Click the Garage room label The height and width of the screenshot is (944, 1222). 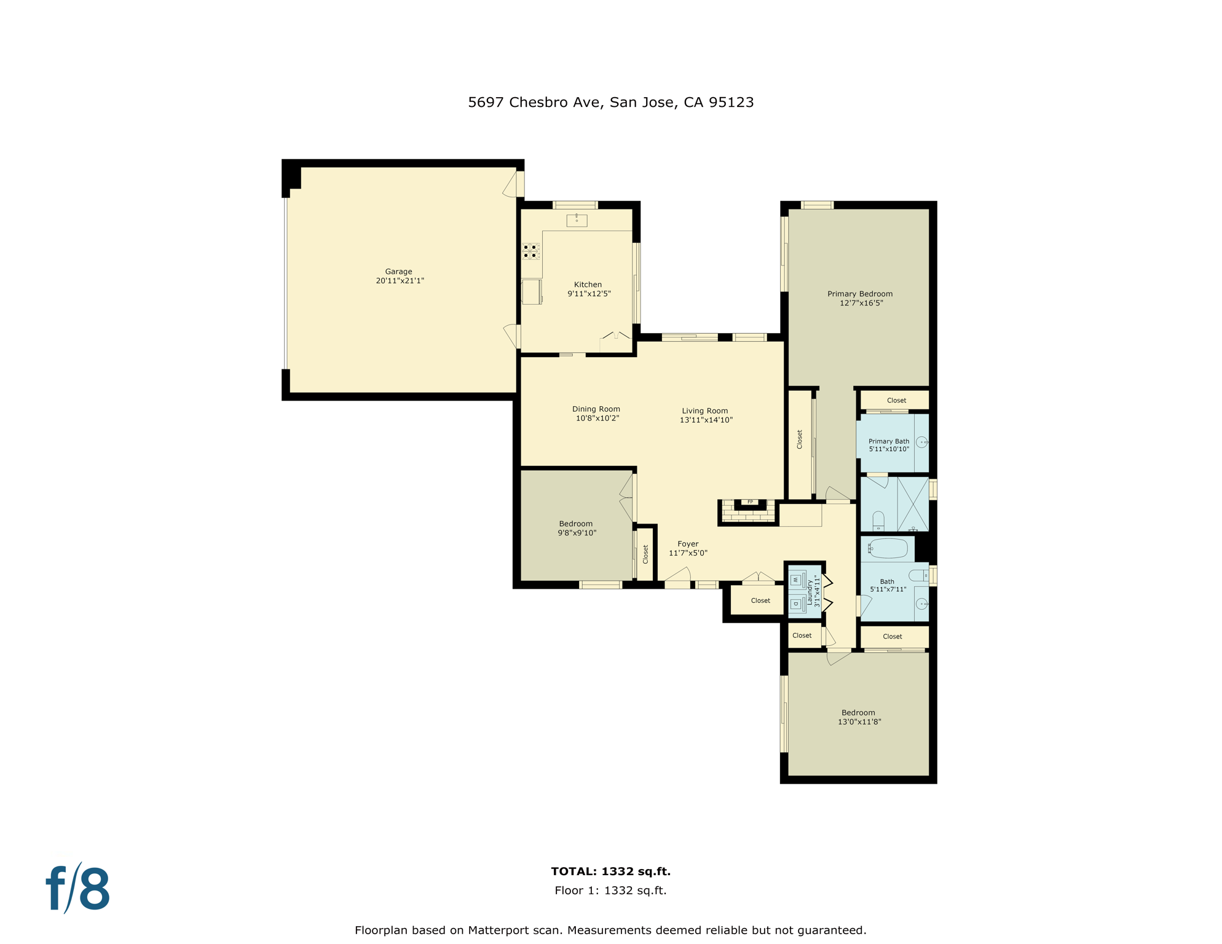click(399, 272)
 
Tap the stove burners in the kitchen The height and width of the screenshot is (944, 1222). click(531, 251)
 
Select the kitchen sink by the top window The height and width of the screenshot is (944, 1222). click(577, 220)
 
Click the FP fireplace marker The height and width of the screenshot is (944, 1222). click(750, 502)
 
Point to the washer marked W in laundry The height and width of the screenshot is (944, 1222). click(796, 580)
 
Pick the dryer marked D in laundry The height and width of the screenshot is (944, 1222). click(796, 604)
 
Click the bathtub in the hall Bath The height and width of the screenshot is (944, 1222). click(888, 548)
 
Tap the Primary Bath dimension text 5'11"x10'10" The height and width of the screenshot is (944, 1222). click(889, 449)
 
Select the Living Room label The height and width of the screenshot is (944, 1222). click(705, 411)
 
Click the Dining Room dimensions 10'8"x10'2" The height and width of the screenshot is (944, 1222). click(597, 419)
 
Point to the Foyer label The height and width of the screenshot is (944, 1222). click(688, 544)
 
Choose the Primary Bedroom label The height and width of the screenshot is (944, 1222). click(859, 294)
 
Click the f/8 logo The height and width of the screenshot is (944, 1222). click(78, 889)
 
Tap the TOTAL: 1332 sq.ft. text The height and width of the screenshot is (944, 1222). click(610, 871)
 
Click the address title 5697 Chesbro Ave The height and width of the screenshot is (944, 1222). click(610, 102)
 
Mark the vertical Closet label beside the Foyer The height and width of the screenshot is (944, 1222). click(645, 554)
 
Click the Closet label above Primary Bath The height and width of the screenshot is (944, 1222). click(896, 400)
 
